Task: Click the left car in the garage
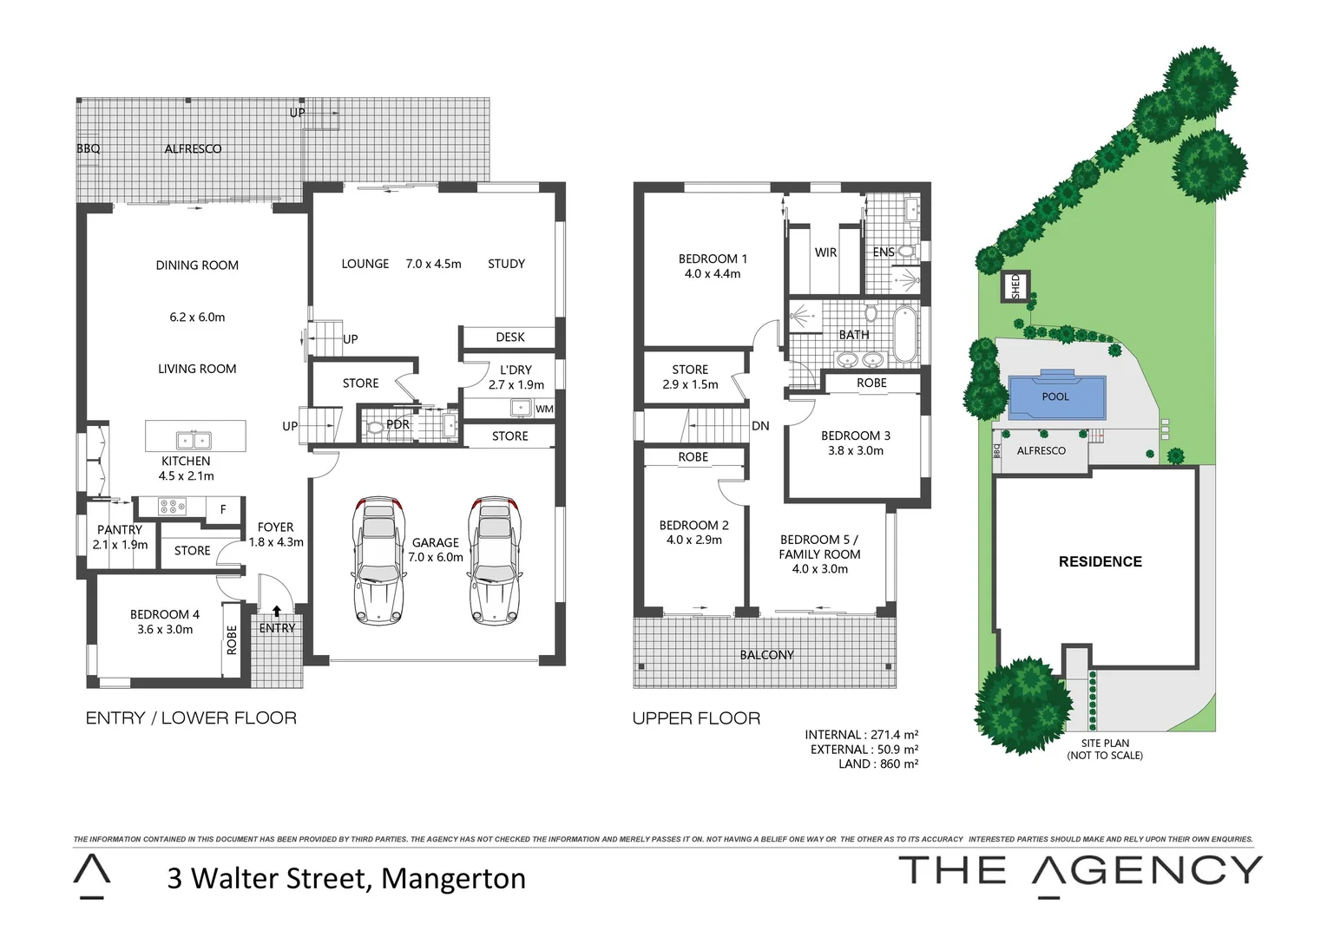(378, 560)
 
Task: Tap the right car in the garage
(494, 560)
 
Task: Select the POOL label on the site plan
(1055, 396)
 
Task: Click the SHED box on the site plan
(1015, 285)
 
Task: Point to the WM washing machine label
(544, 409)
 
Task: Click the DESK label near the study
(510, 337)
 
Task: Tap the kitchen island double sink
(194, 441)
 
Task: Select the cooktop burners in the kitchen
(172, 506)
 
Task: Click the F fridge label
(223, 509)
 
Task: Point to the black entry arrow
(277, 611)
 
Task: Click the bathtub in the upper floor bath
(904, 333)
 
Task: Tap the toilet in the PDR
(376, 427)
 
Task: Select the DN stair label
(760, 426)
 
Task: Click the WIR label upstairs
(825, 252)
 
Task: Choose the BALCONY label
(766, 655)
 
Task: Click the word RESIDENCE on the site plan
(1100, 561)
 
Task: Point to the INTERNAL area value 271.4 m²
(894, 735)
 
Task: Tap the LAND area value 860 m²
(898, 764)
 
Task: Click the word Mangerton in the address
(453, 878)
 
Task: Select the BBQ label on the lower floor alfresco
(89, 148)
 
